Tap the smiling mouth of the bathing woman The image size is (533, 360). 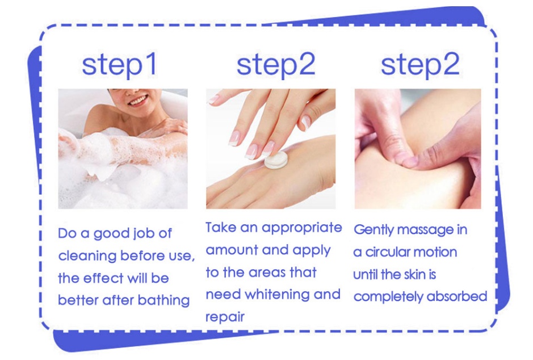138,101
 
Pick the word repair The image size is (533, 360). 225,317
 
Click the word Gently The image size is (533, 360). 374,230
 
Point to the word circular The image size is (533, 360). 387,252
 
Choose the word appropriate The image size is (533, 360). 302,228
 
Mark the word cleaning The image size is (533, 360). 87,256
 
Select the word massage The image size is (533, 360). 425,230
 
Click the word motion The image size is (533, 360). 435,252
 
